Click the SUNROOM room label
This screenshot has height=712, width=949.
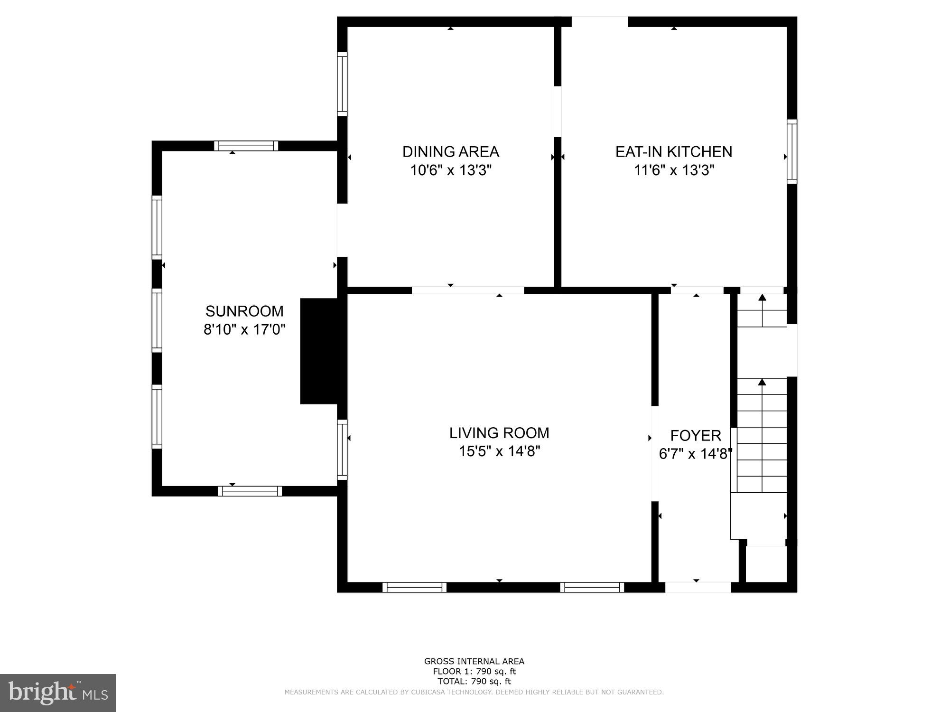tap(244, 311)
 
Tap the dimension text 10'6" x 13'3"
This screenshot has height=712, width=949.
tap(450, 170)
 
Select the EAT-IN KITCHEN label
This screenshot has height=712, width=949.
tap(673, 152)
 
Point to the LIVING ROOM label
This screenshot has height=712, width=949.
tap(499, 433)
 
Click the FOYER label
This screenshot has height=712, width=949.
tap(696, 435)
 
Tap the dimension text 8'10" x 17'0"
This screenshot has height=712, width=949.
tap(244, 329)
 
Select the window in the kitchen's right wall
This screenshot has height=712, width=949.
tap(791, 151)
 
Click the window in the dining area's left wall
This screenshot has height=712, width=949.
tap(342, 84)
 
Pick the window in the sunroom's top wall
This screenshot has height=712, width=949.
tap(246, 146)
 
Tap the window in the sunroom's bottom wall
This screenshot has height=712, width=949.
tap(250, 491)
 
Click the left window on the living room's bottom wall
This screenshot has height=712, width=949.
tap(414, 587)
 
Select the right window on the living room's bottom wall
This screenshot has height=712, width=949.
tap(592, 587)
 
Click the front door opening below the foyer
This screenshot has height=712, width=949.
tap(698, 587)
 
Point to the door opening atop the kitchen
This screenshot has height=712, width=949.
tap(599, 22)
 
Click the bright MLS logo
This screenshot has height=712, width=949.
tap(58, 693)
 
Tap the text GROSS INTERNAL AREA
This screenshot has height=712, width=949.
tap(474, 661)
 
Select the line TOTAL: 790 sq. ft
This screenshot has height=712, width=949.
tap(474, 682)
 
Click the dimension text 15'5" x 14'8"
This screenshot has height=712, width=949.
tap(499, 451)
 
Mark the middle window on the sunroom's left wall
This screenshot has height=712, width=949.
tap(157, 320)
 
